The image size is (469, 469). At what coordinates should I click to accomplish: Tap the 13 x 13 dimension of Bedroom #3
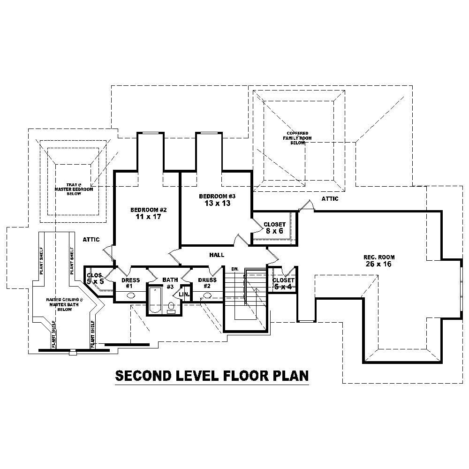click(217, 203)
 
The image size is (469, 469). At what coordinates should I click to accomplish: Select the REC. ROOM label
click(379, 257)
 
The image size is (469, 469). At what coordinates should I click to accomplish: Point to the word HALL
click(217, 255)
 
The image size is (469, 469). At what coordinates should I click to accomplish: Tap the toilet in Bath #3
click(171, 306)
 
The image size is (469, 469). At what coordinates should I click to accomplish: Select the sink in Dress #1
click(130, 296)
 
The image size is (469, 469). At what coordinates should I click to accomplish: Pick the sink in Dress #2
click(207, 296)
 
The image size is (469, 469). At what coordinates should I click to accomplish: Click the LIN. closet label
click(184, 295)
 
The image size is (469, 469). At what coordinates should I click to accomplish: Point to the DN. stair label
click(235, 269)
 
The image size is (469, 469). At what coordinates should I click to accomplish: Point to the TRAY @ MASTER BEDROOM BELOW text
click(74, 189)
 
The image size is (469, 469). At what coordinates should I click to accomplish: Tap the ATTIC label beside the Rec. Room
click(330, 199)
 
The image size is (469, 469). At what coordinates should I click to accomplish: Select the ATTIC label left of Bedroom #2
click(91, 239)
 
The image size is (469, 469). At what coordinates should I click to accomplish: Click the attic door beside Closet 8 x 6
click(305, 205)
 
